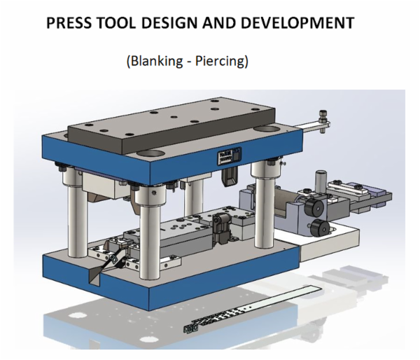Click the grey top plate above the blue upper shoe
175,123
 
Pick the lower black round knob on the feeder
321,227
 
